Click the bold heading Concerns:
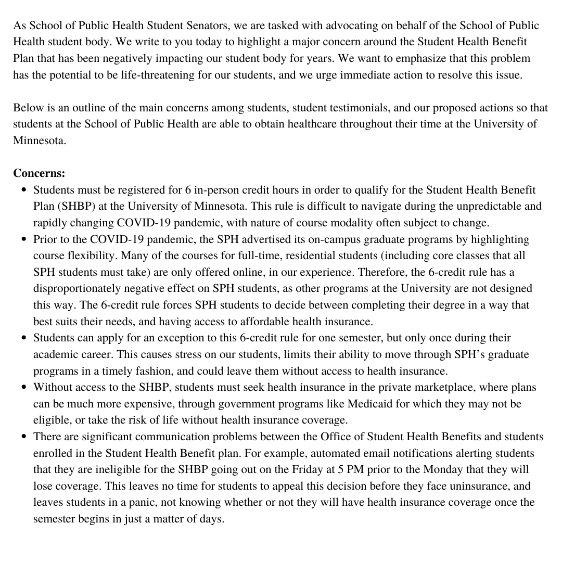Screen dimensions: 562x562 click(39, 173)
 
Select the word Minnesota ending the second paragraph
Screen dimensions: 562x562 click(40, 140)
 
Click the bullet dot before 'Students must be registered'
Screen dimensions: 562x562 click(24, 190)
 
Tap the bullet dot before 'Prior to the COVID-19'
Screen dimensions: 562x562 click(24, 239)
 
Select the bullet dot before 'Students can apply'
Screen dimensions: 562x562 click(24, 338)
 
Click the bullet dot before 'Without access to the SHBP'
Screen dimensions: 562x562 click(24, 388)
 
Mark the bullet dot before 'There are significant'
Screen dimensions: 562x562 click(24, 437)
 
